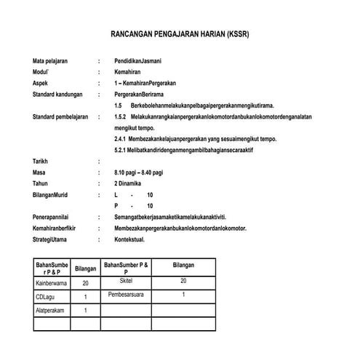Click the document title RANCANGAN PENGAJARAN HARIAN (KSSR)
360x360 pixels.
click(180, 34)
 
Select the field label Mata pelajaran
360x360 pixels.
click(50, 61)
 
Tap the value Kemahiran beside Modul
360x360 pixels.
click(127, 74)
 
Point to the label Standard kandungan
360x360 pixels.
click(55, 95)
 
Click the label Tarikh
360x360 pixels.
click(41, 160)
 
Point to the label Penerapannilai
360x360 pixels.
click(53, 217)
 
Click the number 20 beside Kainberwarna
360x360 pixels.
click(85, 283)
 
